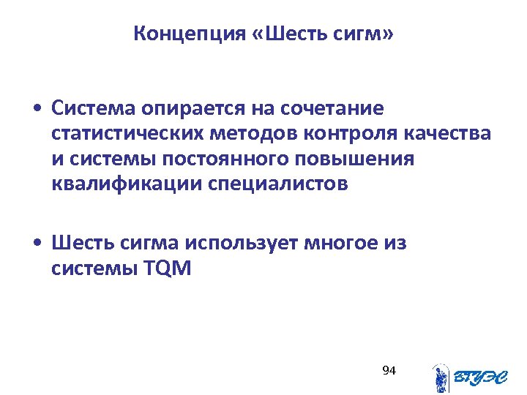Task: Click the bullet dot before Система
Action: click(x=37, y=110)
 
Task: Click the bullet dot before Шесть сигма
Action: click(x=37, y=243)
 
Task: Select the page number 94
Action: click(x=389, y=371)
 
